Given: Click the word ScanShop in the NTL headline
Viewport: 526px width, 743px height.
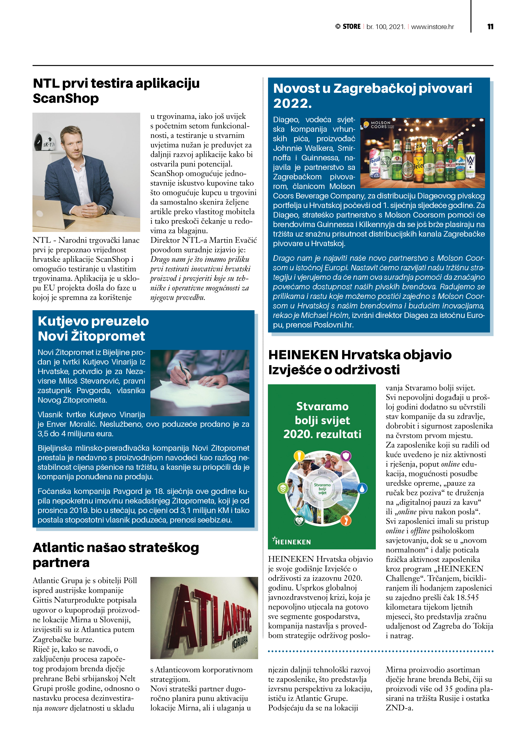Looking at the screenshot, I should click(66, 98).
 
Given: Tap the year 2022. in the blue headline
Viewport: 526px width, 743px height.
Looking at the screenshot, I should click(292, 104).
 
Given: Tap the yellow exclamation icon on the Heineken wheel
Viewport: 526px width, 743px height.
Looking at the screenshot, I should click(299, 456).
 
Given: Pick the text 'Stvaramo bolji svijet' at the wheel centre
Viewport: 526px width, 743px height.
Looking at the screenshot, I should click(322, 489).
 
